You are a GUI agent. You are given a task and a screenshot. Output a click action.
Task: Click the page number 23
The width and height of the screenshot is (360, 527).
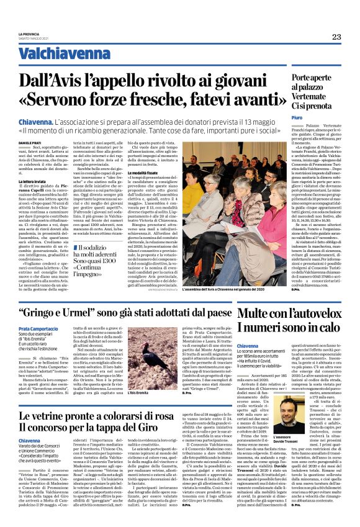click(x=336, y=37)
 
